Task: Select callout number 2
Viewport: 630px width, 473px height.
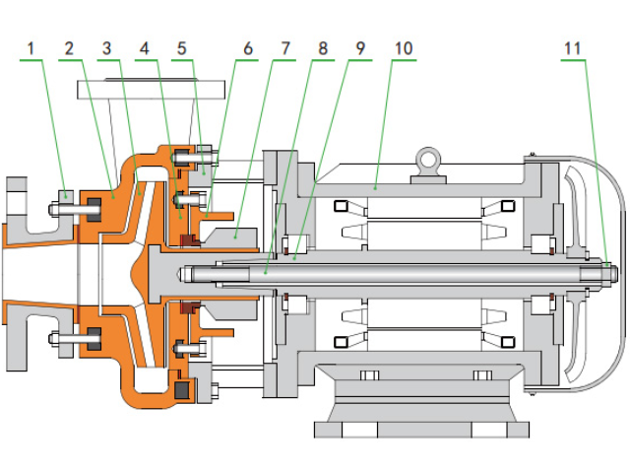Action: [x=69, y=47]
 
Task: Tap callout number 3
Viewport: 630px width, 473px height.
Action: [x=107, y=47]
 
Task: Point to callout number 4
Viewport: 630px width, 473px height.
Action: [x=145, y=47]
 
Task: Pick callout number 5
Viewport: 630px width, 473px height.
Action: [x=181, y=47]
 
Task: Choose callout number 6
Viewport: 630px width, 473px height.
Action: [x=247, y=47]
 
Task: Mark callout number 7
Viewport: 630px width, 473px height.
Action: [x=284, y=47]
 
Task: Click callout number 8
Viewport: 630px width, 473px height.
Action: [x=322, y=47]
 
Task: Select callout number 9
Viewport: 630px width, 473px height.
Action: [x=360, y=47]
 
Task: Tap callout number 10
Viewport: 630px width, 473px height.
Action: [x=404, y=47]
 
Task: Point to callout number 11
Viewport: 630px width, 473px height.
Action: [x=574, y=47]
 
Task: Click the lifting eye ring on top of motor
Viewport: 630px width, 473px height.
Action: [x=427, y=158]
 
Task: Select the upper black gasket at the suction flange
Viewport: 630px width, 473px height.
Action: [x=94, y=208]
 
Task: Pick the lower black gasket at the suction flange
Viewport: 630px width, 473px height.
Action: [x=94, y=338]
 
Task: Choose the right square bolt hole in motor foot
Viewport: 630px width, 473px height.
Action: [x=481, y=375]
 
